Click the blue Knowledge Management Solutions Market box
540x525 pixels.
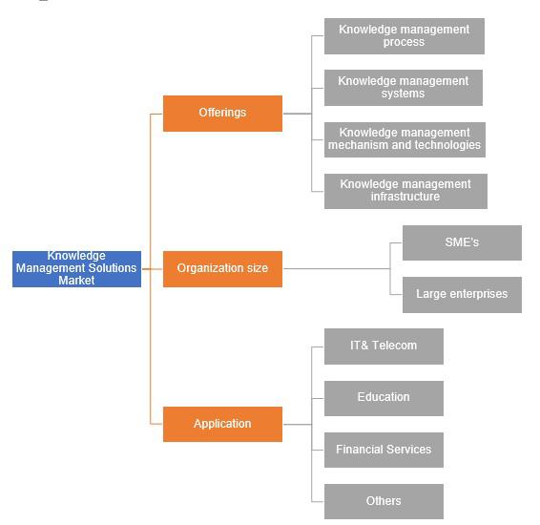(x=76, y=268)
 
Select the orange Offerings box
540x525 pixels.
(x=222, y=114)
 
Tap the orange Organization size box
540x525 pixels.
(x=222, y=268)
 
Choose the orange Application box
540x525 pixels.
(x=222, y=424)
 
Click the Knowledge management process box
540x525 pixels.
(x=405, y=36)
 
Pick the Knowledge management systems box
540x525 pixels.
(x=404, y=88)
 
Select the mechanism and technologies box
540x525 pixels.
(x=405, y=139)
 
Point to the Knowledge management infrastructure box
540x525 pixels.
(x=405, y=191)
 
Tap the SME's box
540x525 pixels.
(x=462, y=242)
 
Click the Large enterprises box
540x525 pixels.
(x=462, y=295)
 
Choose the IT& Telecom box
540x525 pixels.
(x=384, y=346)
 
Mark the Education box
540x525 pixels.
(x=384, y=398)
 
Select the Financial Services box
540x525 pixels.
(x=384, y=450)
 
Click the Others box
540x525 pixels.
(x=384, y=501)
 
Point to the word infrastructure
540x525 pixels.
(x=405, y=197)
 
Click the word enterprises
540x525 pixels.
(x=479, y=294)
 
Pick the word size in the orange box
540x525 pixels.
(x=257, y=268)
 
